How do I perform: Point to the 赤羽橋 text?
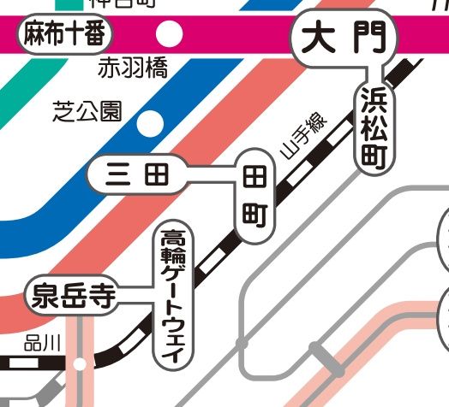point(133,69)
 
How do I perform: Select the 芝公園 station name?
point(87,112)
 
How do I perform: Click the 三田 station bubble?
point(137,176)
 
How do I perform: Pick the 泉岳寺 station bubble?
point(73,297)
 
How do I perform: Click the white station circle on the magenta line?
point(171,35)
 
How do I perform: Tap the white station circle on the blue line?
point(152,123)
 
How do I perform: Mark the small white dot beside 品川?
point(80,364)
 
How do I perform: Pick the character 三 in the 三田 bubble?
point(118,176)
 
